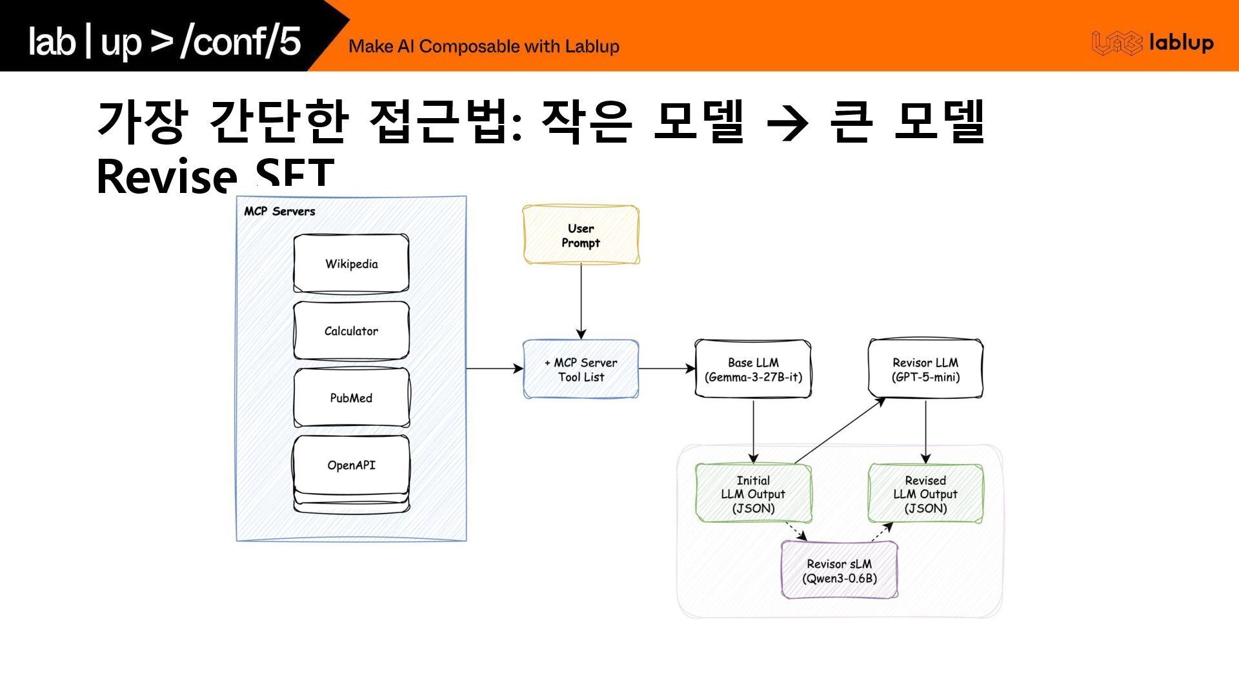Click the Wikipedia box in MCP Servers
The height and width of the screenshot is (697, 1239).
351,263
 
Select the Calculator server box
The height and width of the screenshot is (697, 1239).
351,330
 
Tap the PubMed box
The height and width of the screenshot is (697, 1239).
351,398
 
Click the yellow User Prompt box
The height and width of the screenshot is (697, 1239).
581,235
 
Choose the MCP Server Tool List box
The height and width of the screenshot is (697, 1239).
581,369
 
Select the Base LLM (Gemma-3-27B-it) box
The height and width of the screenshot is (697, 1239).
753,369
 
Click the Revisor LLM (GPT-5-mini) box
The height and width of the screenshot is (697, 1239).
925,369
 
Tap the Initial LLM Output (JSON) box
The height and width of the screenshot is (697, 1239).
753,494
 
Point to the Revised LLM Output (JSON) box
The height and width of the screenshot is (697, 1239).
925,494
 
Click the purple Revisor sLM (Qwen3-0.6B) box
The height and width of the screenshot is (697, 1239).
839,571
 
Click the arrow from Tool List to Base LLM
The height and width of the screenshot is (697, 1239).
666,369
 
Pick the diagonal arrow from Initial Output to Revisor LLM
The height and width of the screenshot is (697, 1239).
839,431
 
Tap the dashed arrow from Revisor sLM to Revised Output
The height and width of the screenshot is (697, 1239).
881,532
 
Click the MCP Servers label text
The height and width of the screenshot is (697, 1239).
279,211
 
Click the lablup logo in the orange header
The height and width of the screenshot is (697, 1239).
1153,43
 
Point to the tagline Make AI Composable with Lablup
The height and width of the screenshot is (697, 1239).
483,46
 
